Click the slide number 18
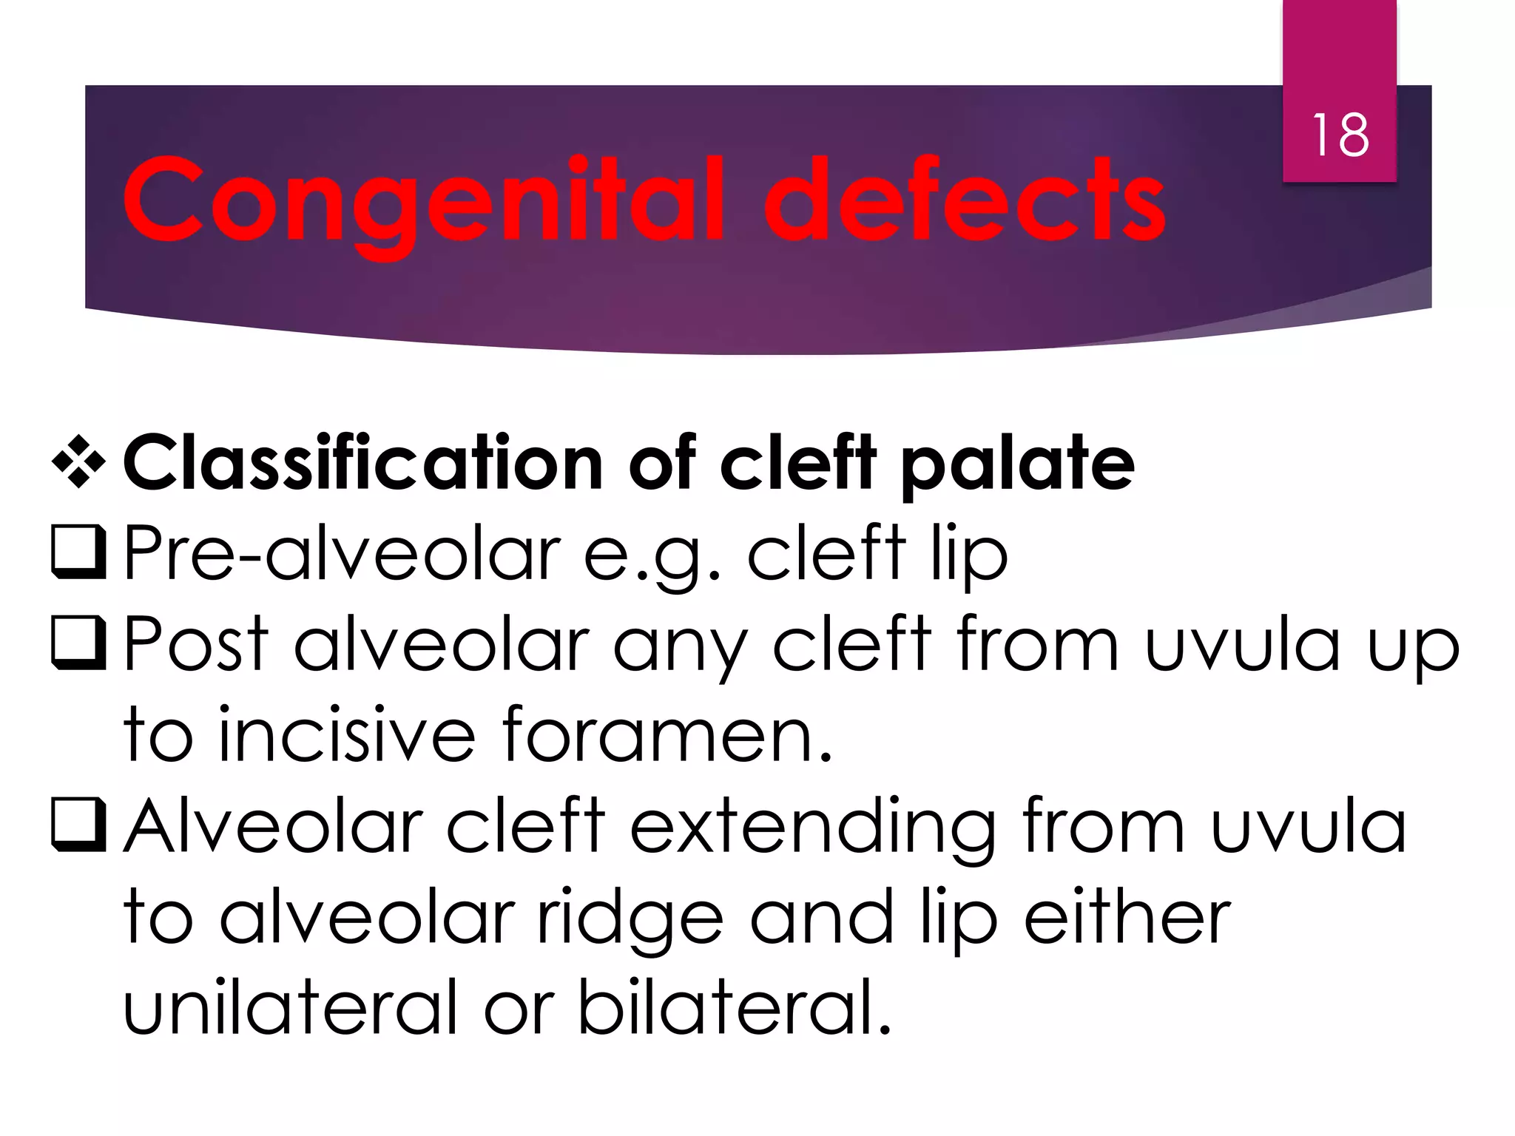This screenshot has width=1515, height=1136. tap(1340, 135)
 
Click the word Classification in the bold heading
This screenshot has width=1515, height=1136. tap(363, 464)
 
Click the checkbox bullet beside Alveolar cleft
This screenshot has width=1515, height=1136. tap(78, 825)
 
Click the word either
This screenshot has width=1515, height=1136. tap(1127, 917)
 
